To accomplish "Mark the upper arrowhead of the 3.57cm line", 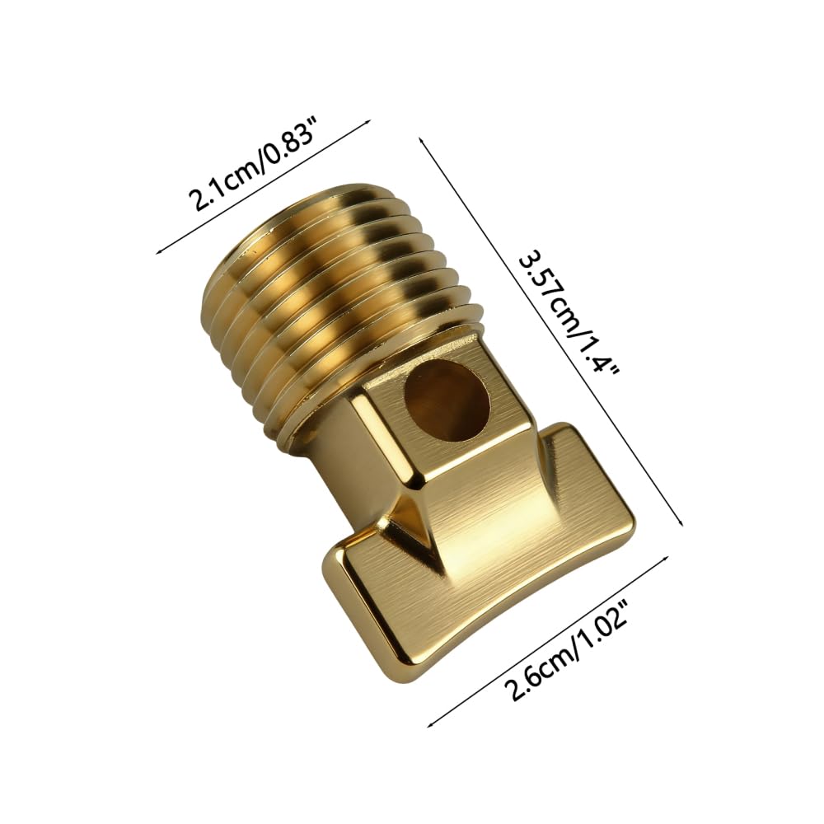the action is (x=421, y=142).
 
